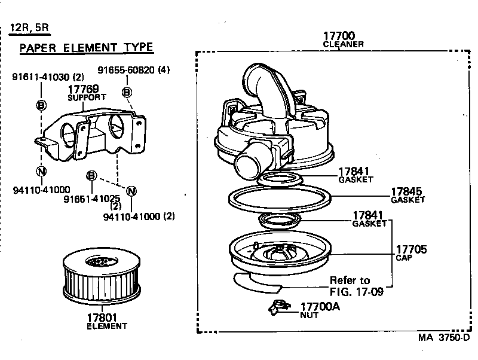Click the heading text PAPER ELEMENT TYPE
(x=87, y=48)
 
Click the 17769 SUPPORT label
(x=87, y=92)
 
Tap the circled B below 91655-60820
(x=127, y=92)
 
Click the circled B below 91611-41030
(x=41, y=105)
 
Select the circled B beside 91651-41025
(x=91, y=176)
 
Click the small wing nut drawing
(x=277, y=307)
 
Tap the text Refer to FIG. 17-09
(x=355, y=286)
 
